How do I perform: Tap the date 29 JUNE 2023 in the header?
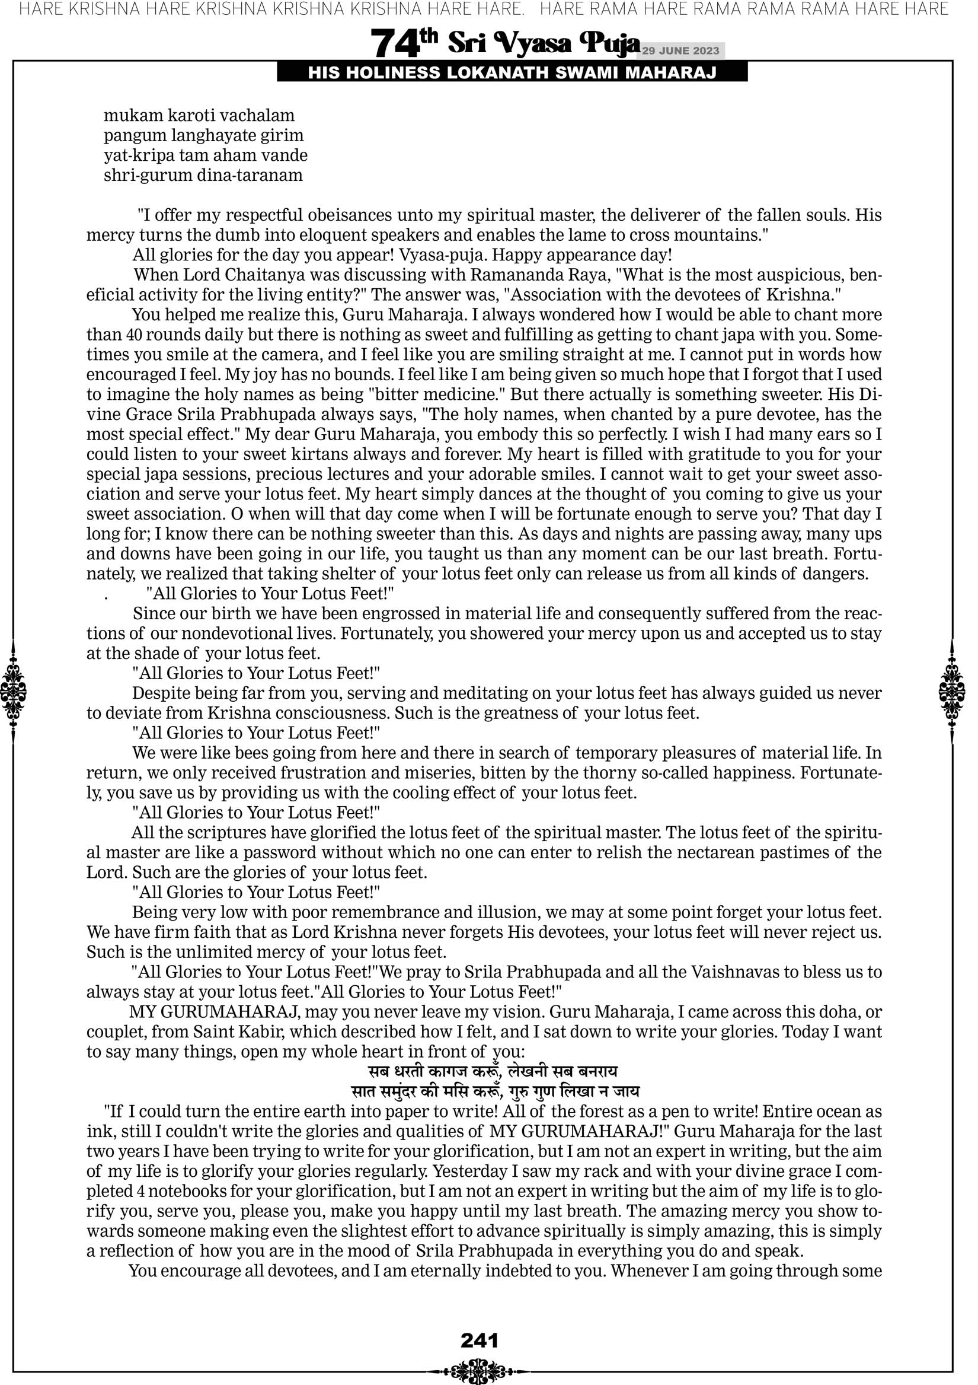(x=680, y=51)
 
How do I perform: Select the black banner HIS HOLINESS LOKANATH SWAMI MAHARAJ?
(x=512, y=73)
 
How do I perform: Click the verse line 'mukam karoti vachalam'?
(x=199, y=115)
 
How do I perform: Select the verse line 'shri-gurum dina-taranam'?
(x=203, y=176)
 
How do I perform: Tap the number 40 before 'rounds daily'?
(x=135, y=335)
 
